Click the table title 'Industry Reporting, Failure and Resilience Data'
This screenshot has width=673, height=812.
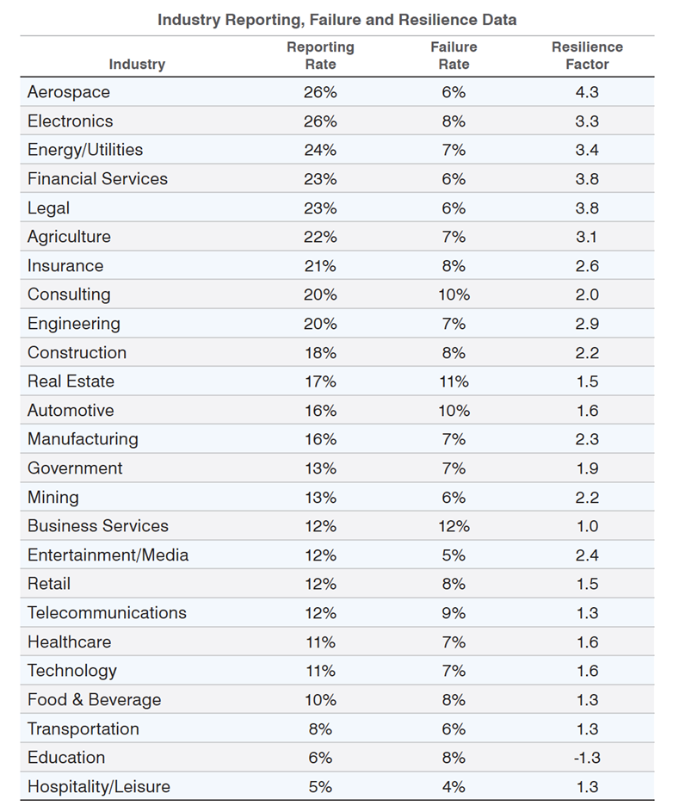(x=336, y=19)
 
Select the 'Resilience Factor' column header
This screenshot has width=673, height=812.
(x=587, y=55)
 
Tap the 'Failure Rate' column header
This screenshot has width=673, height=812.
(x=454, y=55)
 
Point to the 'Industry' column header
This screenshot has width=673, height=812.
(x=137, y=64)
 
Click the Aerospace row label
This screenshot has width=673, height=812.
(x=69, y=92)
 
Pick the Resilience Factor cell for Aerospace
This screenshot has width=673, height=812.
(x=587, y=92)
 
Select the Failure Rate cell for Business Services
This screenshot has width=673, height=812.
(x=454, y=526)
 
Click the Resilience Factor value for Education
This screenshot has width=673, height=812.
(x=587, y=758)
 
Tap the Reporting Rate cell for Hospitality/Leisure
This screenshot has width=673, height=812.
(x=320, y=787)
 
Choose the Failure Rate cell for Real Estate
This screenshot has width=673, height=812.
(x=454, y=381)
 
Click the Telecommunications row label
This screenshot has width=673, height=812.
(x=107, y=613)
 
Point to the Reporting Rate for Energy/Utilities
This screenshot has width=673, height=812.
(x=320, y=150)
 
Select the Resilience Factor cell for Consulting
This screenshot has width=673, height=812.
(x=587, y=294)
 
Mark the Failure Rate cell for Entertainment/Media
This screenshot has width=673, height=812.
(x=454, y=555)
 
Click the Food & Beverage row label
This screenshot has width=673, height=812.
(x=94, y=700)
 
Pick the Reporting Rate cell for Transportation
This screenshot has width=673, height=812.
(x=320, y=729)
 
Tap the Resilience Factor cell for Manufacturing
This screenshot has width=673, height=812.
(x=587, y=439)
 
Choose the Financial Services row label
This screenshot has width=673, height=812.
(x=97, y=179)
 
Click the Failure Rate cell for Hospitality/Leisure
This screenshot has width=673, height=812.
(x=454, y=787)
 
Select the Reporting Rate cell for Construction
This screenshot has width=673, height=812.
(x=320, y=353)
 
